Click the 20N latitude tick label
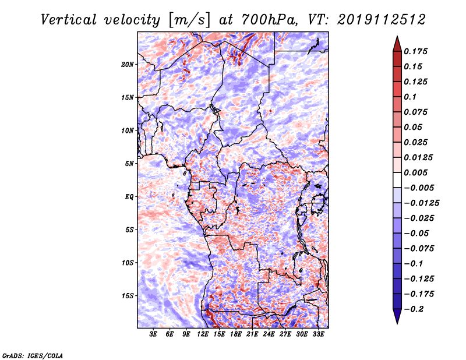127,65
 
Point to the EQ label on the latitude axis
129,197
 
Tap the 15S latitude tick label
128,296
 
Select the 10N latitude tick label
127,130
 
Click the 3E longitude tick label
153,334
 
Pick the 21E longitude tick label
252,334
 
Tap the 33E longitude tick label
318,334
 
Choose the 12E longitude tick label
202,334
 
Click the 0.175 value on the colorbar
415,51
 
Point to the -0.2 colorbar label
414,309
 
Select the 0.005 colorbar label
415,172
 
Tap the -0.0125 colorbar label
422,203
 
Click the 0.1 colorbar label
410,97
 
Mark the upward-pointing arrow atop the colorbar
397,44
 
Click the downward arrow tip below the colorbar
397,323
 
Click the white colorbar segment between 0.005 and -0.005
397,180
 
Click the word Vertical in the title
69,20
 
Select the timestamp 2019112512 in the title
382,20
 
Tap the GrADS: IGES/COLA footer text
33,356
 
